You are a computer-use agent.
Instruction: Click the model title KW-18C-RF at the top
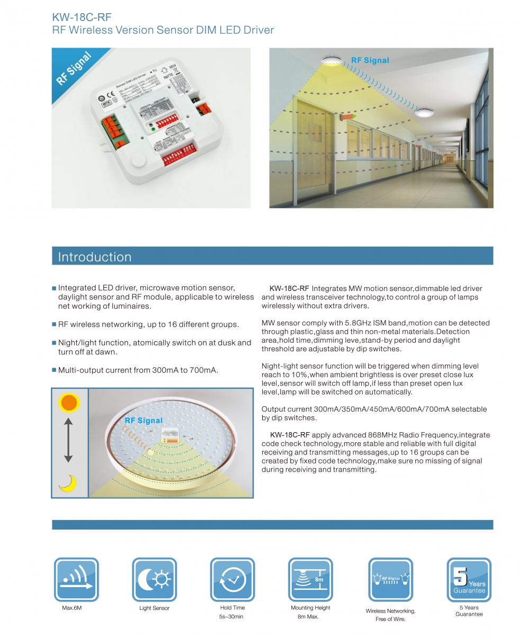[82, 17]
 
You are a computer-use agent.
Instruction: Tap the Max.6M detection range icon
[76, 580]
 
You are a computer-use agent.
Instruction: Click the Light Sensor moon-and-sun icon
[154, 580]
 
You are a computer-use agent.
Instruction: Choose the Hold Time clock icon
[232, 580]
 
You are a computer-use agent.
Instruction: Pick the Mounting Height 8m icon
[310, 580]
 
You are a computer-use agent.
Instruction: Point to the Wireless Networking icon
[390, 580]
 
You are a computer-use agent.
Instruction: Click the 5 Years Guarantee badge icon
[469, 580]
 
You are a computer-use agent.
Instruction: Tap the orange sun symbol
[69, 404]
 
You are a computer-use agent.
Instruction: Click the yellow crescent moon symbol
[68, 483]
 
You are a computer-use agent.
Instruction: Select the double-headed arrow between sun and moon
[68, 440]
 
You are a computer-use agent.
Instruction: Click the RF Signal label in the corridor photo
[370, 60]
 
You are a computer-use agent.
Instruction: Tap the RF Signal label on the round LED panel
[144, 421]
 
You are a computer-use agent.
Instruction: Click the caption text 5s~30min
[232, 617]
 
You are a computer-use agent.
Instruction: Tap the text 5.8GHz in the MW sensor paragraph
[345, 323]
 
